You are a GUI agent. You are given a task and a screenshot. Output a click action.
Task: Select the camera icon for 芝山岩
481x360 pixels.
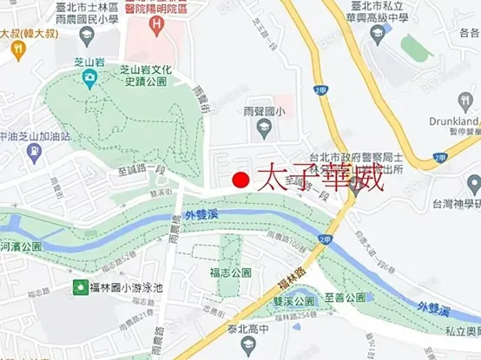tap(89, 78)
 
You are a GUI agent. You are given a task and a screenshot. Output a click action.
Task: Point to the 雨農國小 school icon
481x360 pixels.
tap(267, 131)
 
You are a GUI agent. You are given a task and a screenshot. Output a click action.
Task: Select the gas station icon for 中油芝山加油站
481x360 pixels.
tap(35, 153)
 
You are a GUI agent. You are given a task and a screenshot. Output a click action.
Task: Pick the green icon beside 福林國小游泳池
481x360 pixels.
tap(80, 287)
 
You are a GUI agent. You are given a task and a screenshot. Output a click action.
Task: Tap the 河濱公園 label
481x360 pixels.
tap(21, 245)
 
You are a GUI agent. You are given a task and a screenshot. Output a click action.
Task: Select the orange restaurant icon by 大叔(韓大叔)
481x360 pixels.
tap(17, 49)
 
